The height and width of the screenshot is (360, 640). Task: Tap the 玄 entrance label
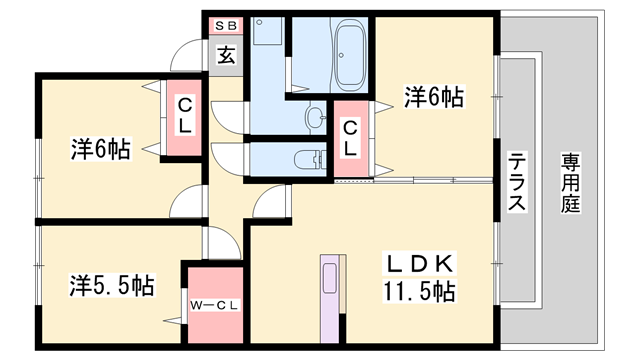(x=227, y=55)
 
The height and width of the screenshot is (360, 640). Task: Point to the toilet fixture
(x=312, y=158)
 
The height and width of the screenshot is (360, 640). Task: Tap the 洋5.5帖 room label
(x=111, y=285)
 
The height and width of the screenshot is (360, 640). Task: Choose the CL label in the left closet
(x=186, y=117)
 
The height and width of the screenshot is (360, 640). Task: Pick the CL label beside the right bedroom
(x=350, y=137)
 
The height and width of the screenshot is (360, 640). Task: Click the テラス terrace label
(x=518, y=180)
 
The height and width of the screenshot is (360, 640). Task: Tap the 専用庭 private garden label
(x=572, y=180)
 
